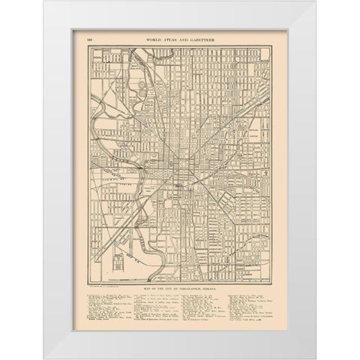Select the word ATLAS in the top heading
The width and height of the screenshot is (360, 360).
[169, 37]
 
